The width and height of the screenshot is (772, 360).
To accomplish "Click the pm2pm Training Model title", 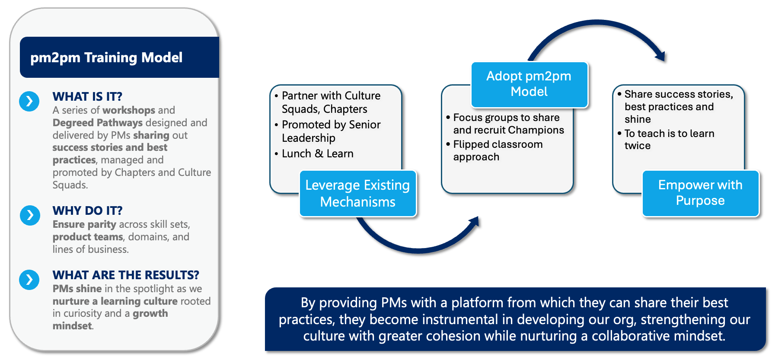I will (x=106, y=57).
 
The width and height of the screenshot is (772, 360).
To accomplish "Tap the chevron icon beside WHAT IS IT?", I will (x=29, y=101).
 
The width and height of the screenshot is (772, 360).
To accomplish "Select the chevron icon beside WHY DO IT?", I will (x=30, y=215).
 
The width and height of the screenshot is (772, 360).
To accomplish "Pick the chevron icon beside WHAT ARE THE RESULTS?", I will (x=29, y=280).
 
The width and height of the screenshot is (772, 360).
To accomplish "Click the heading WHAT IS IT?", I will (x=87, y=96).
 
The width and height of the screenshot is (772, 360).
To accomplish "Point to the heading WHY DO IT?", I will (x=87, y=210).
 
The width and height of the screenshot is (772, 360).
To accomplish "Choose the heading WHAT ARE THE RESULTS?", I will (x=126, y=275).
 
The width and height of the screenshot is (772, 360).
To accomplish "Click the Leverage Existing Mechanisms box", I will (x=357, y=193).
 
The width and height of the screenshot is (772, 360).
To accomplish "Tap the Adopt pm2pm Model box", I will (x=529, y=84).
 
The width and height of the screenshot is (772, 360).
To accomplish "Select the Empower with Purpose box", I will (x=700, y=193).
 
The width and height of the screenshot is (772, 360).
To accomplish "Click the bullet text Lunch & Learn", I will (x=317, y=153).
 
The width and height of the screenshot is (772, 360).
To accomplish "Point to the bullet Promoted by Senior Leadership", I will (x=331, y=131).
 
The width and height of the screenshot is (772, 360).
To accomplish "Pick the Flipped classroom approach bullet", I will (x=498, y=150).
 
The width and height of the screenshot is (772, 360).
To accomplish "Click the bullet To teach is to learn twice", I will (x=669, y=139).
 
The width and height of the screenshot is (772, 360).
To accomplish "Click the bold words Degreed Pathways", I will (x=98, y=123).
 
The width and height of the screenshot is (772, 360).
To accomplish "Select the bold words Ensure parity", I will (x=84, y=224).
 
